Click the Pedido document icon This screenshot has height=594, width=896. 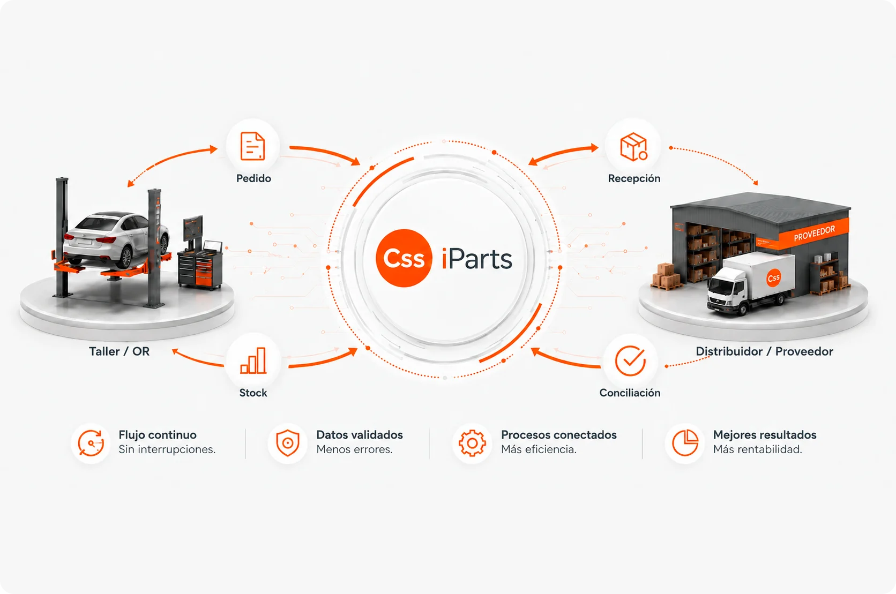tap(253, 146)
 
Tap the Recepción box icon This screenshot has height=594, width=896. tap(633, 147)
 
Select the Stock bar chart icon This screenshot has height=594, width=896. tap(253, 360)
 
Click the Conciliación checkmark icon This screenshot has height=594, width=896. tap(630, 360)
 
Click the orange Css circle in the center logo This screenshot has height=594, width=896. tap(404, 258)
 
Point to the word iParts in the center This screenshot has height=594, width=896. tap(477, 259)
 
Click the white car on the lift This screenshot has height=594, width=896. tap(116, 238)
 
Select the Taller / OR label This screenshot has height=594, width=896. tap(119, 351)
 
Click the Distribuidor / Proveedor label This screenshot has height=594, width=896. tap(764, 351)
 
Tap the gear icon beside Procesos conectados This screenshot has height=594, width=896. tap(472, 443)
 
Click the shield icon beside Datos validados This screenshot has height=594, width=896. tap(288, 443)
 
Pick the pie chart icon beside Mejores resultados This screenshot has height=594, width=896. tap(685, 443)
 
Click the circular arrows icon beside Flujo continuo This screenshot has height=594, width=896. tap(91, 443)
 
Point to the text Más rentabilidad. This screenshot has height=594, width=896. tap(758, 449)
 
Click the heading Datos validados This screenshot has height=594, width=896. tap(360, 434)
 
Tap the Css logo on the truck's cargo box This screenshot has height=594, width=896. tap(773, 278)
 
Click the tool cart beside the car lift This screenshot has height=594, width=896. tap(200, 268)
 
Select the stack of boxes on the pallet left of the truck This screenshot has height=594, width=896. tap(666, 276)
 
